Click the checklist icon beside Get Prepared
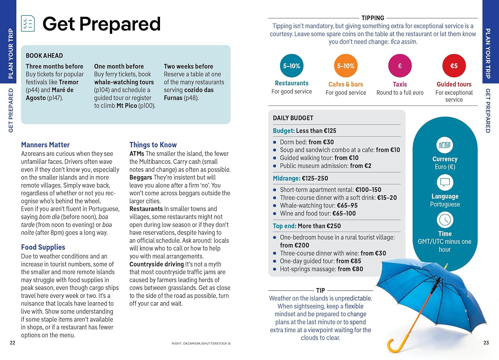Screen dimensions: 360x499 (28, 24)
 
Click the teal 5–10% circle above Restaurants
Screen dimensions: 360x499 (291, 66)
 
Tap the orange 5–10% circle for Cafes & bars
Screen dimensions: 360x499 (346, 66)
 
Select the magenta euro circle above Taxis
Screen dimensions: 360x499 (400, 66)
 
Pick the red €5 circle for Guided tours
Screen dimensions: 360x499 (454, 66)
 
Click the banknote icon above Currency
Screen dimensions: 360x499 (445, 145)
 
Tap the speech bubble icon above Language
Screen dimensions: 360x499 (445, 182)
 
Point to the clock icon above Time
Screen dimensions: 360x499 (445, 220)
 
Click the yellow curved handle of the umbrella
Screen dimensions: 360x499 (396, 346)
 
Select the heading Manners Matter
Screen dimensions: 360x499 (45, 145)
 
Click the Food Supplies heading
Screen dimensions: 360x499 (43, 247)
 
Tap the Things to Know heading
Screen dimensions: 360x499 (153, 145)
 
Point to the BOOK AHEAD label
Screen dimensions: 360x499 (44, 56)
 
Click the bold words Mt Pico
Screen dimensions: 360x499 (126, 106)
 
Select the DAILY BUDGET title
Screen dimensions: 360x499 (293, 118)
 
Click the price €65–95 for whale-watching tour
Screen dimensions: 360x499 (347, 206)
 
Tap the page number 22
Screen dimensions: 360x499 (13, 343)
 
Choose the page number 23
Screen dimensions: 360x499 (486, 343)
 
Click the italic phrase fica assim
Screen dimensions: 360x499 (403, 42)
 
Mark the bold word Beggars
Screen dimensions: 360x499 (140, 177)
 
